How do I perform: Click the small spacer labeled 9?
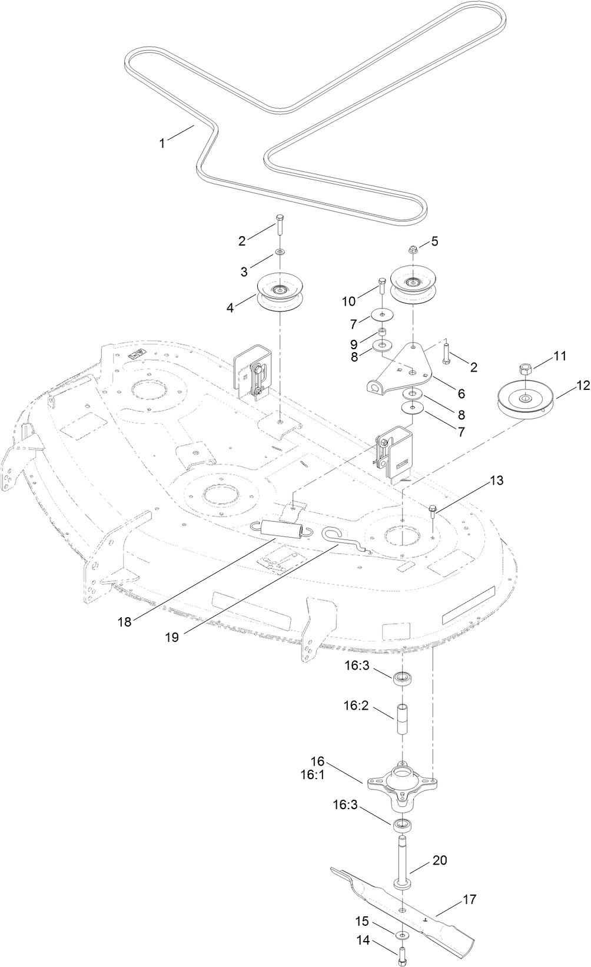[382, 333]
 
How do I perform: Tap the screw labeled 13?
[433, 511]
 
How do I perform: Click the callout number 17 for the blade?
[470, 899]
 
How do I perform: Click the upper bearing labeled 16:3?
[403, 678]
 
